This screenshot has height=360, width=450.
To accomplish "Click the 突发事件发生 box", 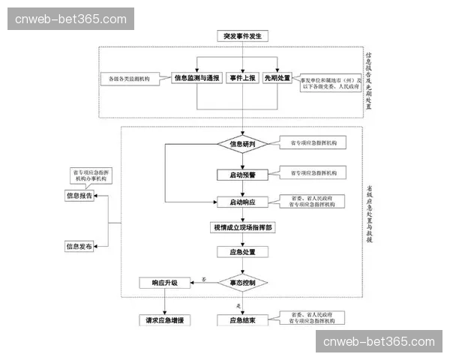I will [x=241, y=35].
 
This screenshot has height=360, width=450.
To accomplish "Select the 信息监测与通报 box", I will [x=197, y=77].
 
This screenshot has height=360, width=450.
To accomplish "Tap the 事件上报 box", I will [x=241, y=77].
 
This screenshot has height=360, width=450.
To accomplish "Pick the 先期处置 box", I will [x=277, y=77].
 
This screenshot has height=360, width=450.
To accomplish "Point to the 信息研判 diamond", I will [x=241, y=143].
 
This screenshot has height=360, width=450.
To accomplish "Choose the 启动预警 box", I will [x=241, y=174].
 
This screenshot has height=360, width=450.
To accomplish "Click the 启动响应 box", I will [x=241, y=202].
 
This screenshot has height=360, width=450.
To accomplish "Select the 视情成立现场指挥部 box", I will [x=241, y=226].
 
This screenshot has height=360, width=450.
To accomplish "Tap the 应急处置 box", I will [x=241, y=252].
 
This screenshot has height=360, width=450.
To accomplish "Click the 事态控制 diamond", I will [x=241, y=283].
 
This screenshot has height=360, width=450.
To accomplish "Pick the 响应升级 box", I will [x=164, y=283].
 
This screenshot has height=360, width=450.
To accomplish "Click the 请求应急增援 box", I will [x=164, y=320].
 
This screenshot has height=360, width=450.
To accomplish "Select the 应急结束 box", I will [x=241, y=320].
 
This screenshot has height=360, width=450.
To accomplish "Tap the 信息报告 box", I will [x=79, y=196].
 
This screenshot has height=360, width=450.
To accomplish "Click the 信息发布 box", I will [x=79, y=246].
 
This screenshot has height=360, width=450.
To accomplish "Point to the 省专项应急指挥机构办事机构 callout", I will [x=89, y=177].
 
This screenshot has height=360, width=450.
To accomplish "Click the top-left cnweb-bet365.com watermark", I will [x=71, y=19].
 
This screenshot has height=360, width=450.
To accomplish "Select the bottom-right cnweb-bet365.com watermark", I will [x=378, y=342].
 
